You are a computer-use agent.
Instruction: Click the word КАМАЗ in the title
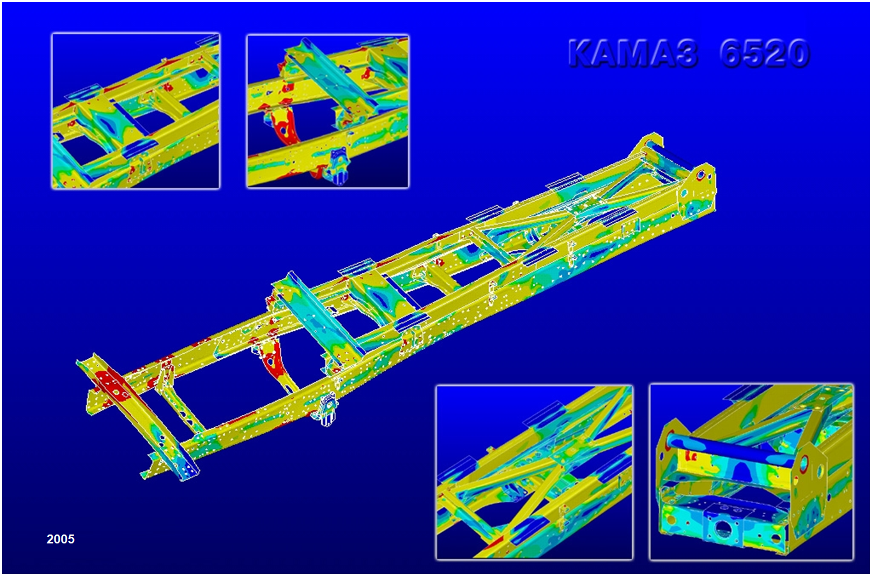point(632,53)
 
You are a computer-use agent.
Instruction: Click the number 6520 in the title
point(765,53)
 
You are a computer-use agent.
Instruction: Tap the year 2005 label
point(60,539)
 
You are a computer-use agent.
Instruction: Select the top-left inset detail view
point(135,111)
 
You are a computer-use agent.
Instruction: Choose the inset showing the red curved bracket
point(328,111)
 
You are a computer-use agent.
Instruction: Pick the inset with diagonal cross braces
point(534,473)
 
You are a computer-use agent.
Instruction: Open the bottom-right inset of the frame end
point(751,472)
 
